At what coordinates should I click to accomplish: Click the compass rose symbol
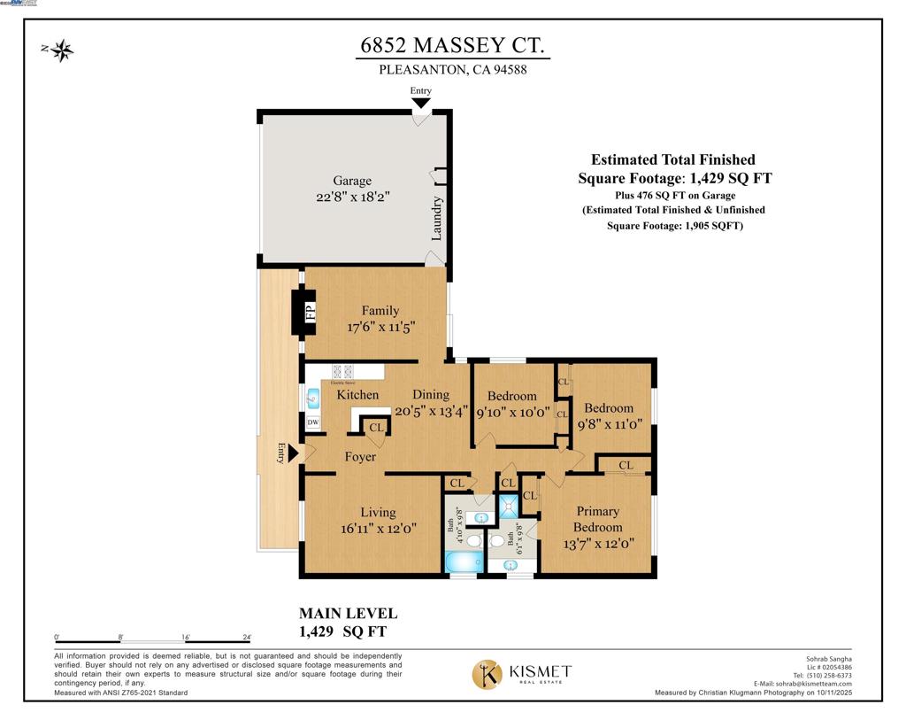[x=62, y=50]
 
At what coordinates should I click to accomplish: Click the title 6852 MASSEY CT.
[x=452, y=45]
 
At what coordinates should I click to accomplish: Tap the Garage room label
[x=352, y=181]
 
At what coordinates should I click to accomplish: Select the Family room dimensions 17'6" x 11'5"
[x=380, y=327]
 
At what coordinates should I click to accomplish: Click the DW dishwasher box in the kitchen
[x=313, y=423]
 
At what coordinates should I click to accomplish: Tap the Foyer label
[x=360, y=457]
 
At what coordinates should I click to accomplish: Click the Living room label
[x=378, y=512]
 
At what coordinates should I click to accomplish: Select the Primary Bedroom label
[x=598, y=519]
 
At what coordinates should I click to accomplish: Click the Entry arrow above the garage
[x=421, y=105]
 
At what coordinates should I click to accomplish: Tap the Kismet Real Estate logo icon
[x=488, y=675]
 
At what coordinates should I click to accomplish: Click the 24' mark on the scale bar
[x=247, y=637]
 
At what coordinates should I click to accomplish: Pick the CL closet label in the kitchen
[x=377, y=428]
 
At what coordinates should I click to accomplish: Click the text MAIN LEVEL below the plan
[x=348, y=613]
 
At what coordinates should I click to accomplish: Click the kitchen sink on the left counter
[x=313, y=399]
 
